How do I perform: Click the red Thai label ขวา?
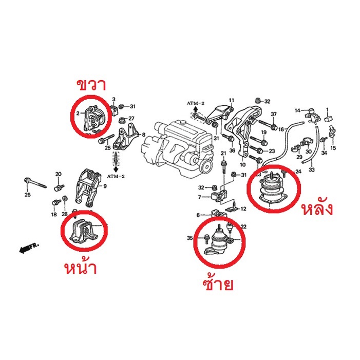tap(91, 85)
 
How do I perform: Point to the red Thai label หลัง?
tap(317, 208)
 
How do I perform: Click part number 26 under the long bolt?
tap(27, 195)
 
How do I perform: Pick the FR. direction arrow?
tap(29, 248)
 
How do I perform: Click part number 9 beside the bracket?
tap(105, 186)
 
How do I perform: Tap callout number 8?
tap(144, 135)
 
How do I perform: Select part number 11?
tap(231, 100)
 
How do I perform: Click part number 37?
tap(273, 114)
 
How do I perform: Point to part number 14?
tap(297, 110)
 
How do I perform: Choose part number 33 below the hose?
tap(312, 169)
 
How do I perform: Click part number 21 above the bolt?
tap(223, 153)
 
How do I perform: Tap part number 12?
tap(243, 209)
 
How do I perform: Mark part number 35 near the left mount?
tap(190, 238)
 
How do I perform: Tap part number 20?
tap(59, 174)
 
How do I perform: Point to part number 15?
tap(333, 148)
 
